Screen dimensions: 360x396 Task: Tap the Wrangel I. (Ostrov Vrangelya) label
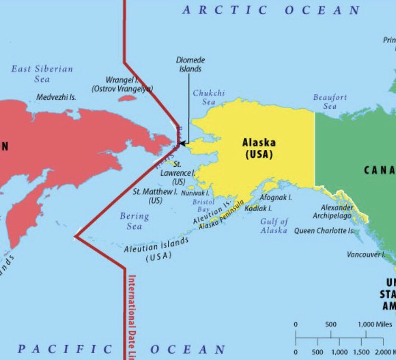(122, 84)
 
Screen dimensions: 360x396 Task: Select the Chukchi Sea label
(209, 97)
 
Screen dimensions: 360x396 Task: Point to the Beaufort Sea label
(330, 101)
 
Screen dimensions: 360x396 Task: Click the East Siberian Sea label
(42, 74)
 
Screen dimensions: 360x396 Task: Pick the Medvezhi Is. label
(56, 98)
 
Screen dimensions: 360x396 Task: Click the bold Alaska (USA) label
(259, 148)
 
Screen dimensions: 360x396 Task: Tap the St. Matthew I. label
(155, 196)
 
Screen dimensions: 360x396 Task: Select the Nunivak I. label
(195, 193)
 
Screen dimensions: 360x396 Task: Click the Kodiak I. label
(259, 209)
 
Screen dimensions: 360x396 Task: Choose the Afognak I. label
(276, 197)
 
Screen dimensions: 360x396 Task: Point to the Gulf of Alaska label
(274, 226)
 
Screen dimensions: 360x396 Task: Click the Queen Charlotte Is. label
(324, 231)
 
